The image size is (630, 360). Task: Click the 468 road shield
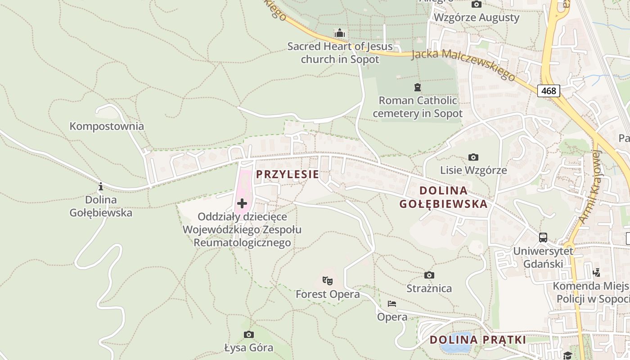549,91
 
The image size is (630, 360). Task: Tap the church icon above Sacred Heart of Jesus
340,33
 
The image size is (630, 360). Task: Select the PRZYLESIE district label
288,175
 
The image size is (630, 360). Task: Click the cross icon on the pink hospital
242,203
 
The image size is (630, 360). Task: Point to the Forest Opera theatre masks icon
328,281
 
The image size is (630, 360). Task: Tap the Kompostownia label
107,126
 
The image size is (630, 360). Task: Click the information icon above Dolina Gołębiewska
101,186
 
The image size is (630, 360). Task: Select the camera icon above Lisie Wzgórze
473,157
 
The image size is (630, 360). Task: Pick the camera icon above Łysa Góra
248,334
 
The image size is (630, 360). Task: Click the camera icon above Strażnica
429,275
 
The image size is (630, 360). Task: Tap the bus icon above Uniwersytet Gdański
543,237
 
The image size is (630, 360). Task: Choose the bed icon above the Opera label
392,304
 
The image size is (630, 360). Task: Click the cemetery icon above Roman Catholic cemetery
418,87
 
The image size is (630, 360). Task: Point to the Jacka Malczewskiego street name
463,64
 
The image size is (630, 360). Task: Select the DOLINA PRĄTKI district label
477,340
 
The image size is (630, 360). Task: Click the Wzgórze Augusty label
476,18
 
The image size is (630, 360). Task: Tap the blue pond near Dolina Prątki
456,346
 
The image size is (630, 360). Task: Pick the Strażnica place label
429,288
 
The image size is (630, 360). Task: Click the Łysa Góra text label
248,348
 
